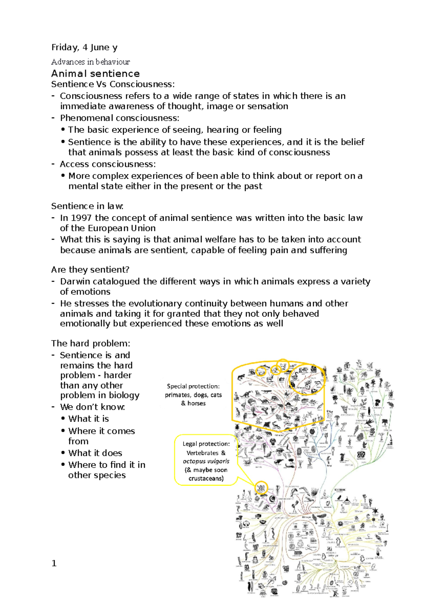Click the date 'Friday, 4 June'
(80, 47)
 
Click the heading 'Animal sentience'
(95, 73)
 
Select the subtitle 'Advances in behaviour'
(90, 62)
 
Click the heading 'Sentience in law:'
(87, 206)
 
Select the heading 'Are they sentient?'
(90, 270)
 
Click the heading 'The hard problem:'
(91, 343)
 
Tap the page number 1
(54, 563)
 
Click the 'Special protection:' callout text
(193, 386)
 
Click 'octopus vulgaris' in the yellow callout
(206, 461)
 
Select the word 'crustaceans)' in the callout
(206, 479)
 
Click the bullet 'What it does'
(95, 453)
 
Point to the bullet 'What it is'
(88, 419)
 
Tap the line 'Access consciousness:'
(108, 164)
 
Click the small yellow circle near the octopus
(261, 488)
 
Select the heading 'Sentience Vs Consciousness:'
(113, 84)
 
